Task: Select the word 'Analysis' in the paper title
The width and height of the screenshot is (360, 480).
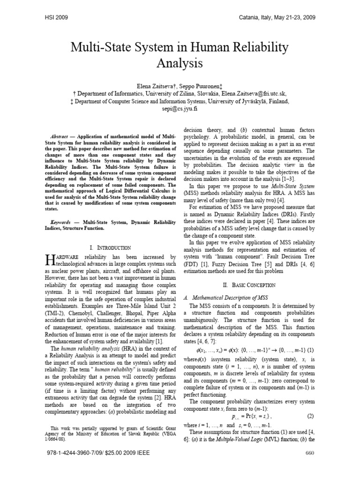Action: click(180, 62)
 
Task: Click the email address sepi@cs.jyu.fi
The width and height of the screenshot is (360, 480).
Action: click(180, 108)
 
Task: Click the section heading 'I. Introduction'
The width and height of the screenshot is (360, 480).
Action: click(110, 247)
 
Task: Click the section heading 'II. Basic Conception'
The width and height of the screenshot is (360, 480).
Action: click(248, 285)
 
